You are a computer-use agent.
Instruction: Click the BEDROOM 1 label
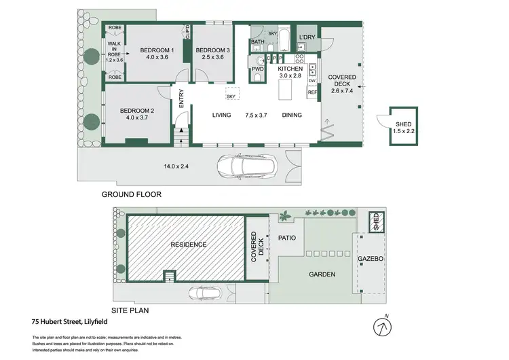click(x=157, y=50)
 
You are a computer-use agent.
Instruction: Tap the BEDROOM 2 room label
click(x=138, y=111)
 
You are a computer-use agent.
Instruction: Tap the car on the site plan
click(x=205, y=293)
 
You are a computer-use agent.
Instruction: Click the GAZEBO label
click(x=371, y=259)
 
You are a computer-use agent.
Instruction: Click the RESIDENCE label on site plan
click(x=189, y=245)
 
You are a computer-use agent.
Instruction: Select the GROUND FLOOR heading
click(x=132, y=194)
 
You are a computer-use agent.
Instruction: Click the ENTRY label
click(x=181, y=99)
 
